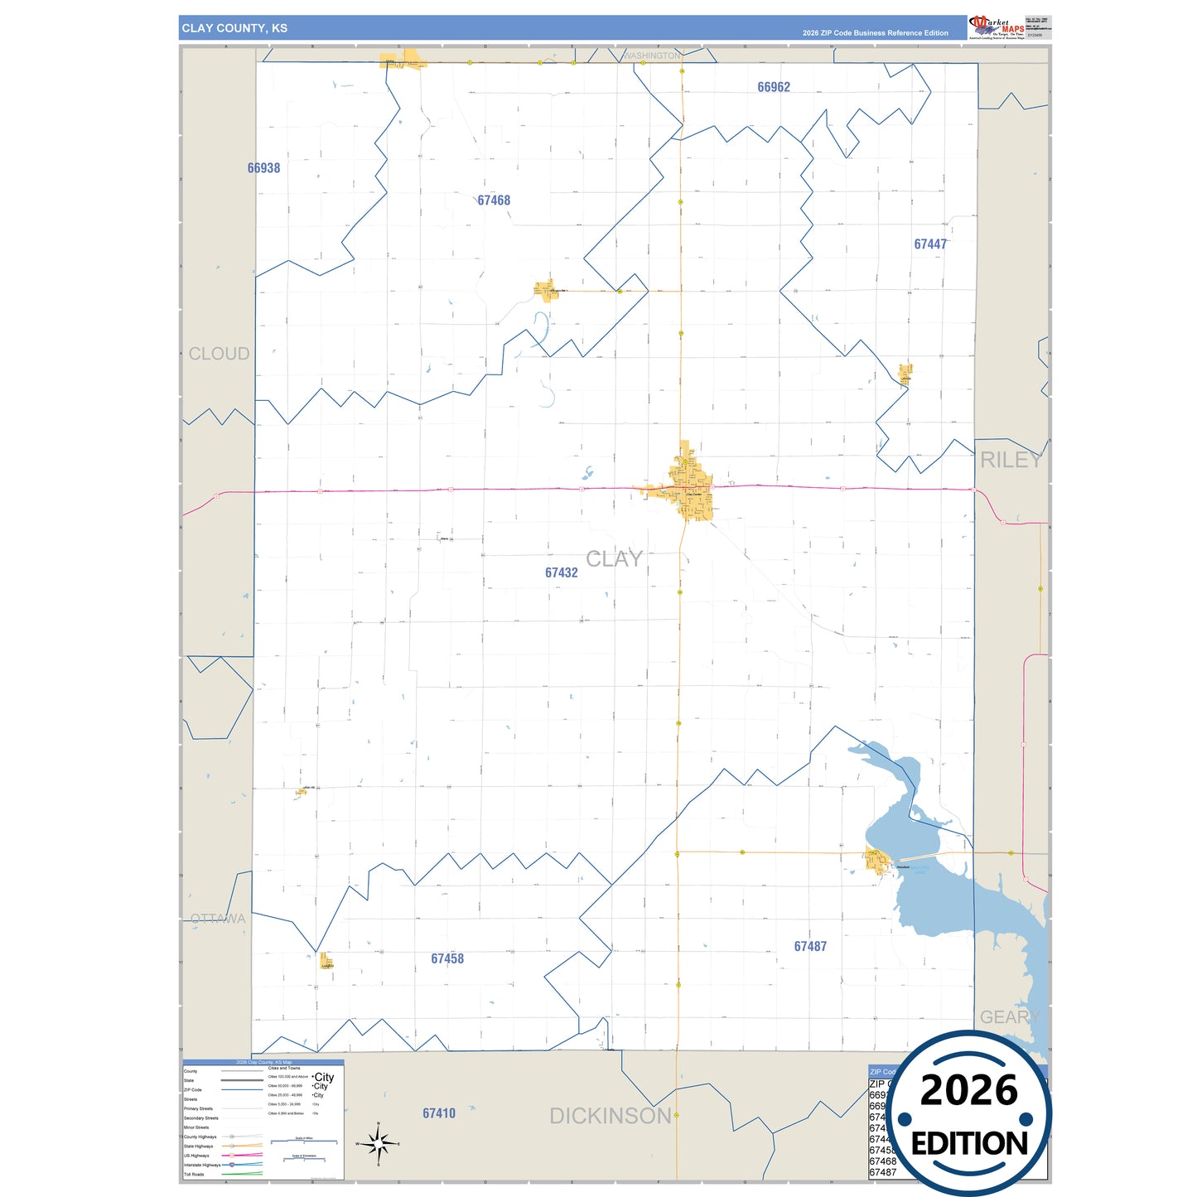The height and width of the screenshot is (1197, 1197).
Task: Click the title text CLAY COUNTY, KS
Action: [x=234, y=28]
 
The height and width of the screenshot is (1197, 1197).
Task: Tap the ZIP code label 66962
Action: [x=774, y=87]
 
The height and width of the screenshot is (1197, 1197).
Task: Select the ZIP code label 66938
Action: [x=263, y=168]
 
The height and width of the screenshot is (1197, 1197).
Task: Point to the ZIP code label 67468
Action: [x=494, y=200]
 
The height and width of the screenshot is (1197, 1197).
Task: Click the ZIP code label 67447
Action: [x=930, y=244]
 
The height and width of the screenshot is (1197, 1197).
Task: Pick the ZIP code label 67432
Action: [x=561, y=572]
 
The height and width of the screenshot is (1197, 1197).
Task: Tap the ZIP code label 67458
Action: [x=447, y=958]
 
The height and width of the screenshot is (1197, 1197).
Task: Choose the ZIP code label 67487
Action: [x=810, y=946]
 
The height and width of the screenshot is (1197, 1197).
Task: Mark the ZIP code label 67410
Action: [x=439, y=1113]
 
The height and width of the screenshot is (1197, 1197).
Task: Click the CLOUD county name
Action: [x=219, y=354]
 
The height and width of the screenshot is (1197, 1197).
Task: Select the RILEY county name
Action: [x=1011, y=461]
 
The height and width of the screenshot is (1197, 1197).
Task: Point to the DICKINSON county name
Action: [x=611, y=1116]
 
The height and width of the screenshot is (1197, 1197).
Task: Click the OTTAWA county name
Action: [x=218, y=919]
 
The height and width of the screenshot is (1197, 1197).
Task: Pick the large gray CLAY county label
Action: [x=614, y=559]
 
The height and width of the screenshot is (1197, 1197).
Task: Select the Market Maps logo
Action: [x=997, y=27]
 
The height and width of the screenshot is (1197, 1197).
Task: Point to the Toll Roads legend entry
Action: [x=194, y=1174]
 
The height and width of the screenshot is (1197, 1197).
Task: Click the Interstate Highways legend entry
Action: [x=202, y=1165]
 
